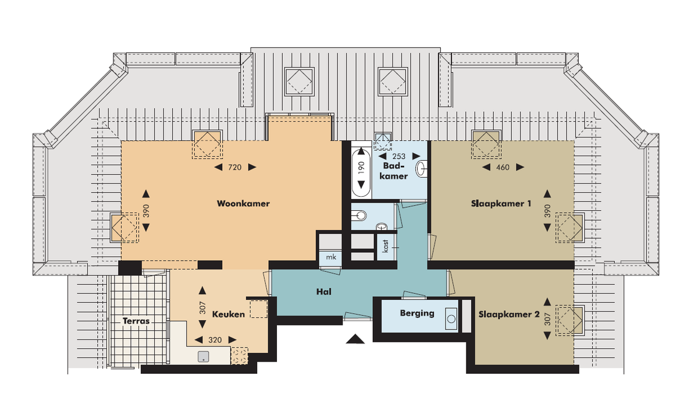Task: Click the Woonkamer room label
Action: pos(243,204)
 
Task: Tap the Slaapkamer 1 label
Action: pos(501,204)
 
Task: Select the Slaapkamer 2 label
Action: pos(509,314)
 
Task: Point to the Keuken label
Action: pos(229,314)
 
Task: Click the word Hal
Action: pos(324,292)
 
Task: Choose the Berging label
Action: pos(417,313)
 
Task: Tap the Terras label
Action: pos(136,321)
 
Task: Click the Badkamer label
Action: pos(394,171)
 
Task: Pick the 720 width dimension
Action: pos(235,168)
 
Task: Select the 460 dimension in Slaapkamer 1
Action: pos(503,168)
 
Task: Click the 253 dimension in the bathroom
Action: pos(399,156)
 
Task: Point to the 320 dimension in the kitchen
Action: pos(215,339)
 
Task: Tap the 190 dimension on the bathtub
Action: pos(361,168)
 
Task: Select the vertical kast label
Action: pos(386,246)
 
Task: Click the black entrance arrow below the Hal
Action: pos(355,339)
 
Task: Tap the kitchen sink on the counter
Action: pos(203,357)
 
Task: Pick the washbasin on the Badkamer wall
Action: pos(422,169)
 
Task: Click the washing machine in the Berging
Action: pos(451,318)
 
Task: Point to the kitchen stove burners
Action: pos(239,356)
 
